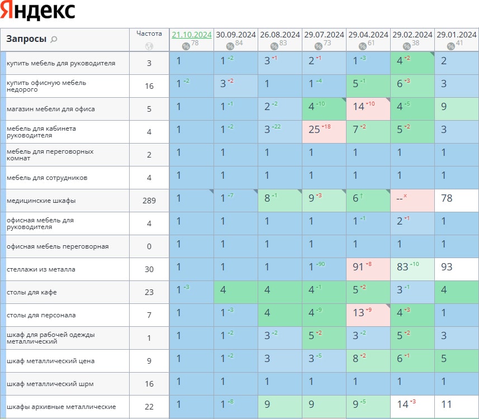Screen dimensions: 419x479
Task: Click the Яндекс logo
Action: point(38,11)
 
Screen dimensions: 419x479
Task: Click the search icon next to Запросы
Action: point(54,39)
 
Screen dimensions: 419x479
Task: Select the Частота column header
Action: point(149,34)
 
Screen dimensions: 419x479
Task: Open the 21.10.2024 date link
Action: point(191,35)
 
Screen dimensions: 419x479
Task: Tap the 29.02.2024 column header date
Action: point(412,35)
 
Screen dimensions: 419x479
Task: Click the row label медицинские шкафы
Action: point(41,201)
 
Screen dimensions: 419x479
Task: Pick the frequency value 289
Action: point(149,201)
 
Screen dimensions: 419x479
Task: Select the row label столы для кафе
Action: point(31,292)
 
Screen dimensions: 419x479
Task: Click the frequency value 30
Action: point(149,269)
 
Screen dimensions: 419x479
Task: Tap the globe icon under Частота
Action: point(149,46)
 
